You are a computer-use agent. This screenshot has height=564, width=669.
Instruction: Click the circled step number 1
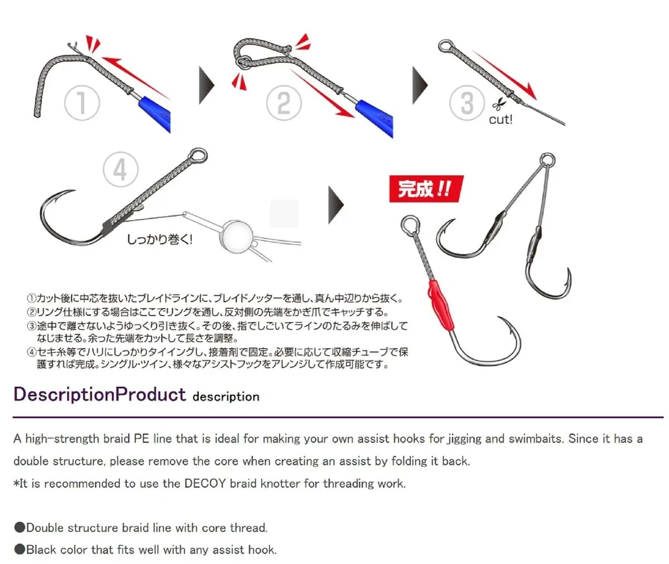coord(82,103)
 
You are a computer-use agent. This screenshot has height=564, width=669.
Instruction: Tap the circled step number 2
coord(284,103)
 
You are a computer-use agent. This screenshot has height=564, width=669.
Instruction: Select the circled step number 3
coord(467,103)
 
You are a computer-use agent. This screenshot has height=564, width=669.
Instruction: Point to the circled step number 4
coord(121,170)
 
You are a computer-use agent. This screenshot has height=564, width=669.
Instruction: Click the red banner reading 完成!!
coord(426,189)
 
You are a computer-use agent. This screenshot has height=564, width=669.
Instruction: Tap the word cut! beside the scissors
coord(500,119)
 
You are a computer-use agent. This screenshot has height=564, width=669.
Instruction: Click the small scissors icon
coord(498,104)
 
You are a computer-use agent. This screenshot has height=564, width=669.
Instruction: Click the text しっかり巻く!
coord(160,239)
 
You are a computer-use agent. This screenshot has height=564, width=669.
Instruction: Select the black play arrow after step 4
coord(336,205)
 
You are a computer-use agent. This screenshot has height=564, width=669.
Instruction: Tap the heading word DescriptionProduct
coord(100,394)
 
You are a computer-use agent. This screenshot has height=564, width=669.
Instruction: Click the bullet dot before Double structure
coord(20,528)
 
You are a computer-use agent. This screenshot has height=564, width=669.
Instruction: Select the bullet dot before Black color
coord(20,549)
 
